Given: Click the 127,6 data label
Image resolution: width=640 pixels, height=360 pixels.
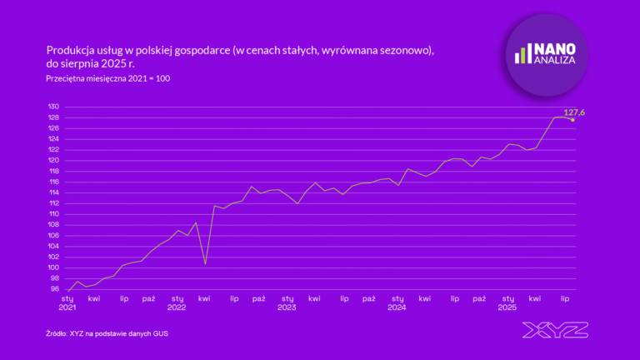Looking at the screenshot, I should [574, 112].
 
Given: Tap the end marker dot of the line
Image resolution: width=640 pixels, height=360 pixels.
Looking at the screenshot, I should [572, 120].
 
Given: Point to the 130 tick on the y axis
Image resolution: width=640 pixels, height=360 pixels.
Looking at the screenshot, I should [53, 107].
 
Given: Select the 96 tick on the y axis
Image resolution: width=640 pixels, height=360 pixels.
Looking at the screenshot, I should [54, 289].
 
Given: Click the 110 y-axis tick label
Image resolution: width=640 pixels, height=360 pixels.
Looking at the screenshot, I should [53, 214].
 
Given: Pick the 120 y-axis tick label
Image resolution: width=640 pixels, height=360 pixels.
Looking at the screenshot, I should [53, 161].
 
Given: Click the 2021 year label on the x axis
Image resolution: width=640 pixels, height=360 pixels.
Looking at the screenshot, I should [67, 307].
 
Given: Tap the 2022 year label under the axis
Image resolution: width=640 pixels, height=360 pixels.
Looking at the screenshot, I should [177, 307].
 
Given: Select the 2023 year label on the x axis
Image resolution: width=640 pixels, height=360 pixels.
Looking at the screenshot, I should [287, 307].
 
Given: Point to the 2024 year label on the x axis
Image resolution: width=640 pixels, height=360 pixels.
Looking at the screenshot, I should [397, 307].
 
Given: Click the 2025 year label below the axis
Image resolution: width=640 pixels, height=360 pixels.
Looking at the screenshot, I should [507, 307].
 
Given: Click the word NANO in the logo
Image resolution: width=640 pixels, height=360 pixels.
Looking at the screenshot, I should [554, 49].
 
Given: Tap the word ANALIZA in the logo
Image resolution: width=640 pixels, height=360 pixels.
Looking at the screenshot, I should [551, 61].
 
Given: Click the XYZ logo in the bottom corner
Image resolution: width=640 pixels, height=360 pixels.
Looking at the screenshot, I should [555, 330].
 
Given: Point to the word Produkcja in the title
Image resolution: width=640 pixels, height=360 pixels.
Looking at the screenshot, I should [70, 49].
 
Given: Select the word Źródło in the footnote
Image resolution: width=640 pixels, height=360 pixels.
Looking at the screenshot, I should [57, 333].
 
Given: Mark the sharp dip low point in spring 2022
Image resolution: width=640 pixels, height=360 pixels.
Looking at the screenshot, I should [205, 264].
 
